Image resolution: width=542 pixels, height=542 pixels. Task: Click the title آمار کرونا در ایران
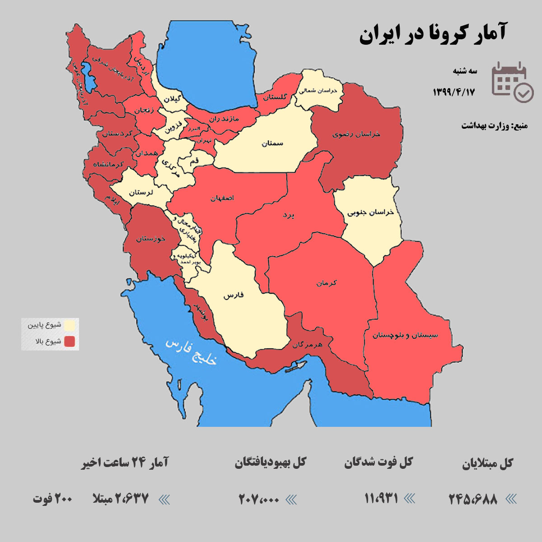point(433,34)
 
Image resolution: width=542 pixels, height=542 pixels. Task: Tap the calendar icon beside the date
point(512,82)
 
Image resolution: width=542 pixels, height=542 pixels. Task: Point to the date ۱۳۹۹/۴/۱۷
point(454,92)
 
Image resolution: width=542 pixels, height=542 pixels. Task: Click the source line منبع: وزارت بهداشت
point(494,126)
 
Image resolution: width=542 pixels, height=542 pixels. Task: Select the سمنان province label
point(272,143)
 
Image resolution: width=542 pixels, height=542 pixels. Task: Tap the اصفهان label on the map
point(222,198)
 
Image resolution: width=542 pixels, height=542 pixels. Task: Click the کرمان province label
point(327,283)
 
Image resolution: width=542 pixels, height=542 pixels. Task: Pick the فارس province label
point(234,295)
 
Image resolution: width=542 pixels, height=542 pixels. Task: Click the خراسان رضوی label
point(356,134)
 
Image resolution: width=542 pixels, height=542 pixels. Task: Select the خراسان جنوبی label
point(371,212)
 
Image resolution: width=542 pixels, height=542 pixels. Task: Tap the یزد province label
point(288,215)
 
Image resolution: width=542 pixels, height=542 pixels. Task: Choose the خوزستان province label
point(150,238)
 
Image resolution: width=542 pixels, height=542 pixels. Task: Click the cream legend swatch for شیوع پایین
point(70,325)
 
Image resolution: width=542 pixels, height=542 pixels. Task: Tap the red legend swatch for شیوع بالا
point(70,341)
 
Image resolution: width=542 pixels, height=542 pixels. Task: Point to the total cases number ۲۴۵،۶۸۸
point(473,499)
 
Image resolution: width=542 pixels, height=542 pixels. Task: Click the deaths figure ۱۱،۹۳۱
point(381,499)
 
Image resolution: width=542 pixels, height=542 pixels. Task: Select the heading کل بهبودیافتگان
point(270,463)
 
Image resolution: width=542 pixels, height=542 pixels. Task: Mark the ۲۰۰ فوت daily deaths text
point(52,499)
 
